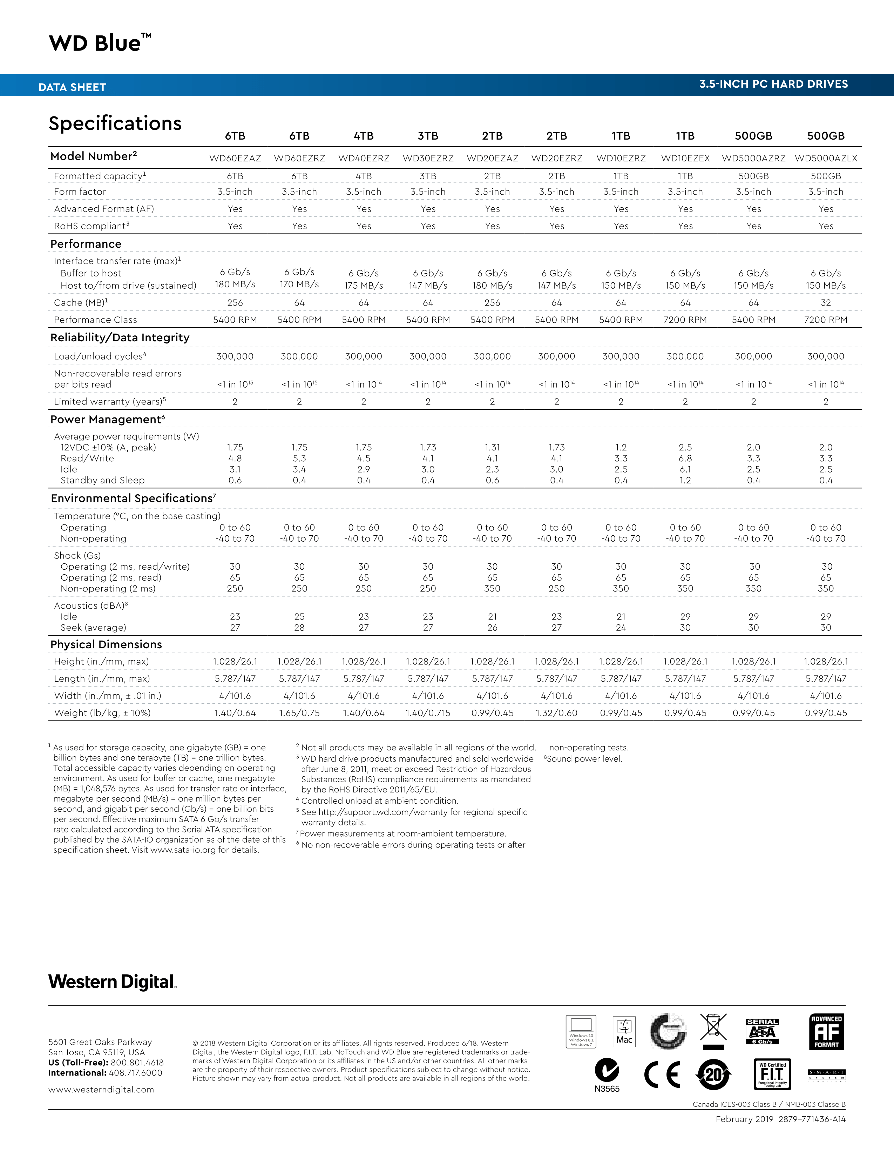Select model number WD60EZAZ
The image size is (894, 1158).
[235, 158]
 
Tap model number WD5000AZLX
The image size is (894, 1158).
[826, 158]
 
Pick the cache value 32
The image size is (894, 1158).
[826, 303]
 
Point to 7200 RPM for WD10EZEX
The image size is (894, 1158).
[685, 320]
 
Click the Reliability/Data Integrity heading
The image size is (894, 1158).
[120, 338]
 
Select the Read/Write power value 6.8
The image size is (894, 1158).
[685, 458]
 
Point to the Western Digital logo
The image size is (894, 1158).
[112, 982]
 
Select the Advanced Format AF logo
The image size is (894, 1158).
[826, 1032]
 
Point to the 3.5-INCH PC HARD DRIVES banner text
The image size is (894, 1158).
[773, 84]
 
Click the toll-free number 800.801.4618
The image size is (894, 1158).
[137, 1063]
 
